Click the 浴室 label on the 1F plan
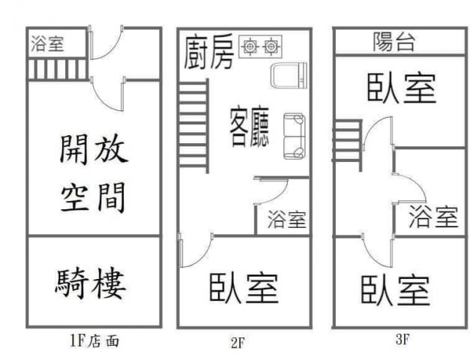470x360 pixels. (48, 44)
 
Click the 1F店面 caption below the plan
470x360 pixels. (94, 341)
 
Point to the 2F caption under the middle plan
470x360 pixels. (238, 343)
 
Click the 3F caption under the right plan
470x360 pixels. (403, 339)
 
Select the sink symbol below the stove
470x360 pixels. (289, 77)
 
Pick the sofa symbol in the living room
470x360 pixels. (294, 136)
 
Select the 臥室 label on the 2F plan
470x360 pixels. (244, 288)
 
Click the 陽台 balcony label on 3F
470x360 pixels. (395, 42)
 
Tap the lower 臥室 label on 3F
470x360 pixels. (395, 290)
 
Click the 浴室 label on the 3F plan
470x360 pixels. (433, 217)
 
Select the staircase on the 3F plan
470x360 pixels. (347, 144)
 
